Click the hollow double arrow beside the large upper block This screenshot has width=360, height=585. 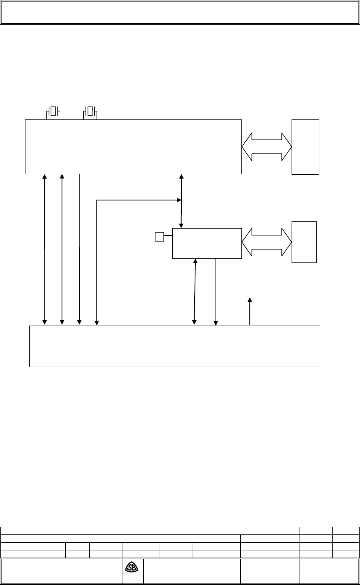coord(266,147)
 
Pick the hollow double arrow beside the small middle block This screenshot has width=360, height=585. coord(266,242)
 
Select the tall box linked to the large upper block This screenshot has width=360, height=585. coord(305,147)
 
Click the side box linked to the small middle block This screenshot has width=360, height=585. coord(304,242)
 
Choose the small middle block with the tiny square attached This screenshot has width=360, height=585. coord(207,243)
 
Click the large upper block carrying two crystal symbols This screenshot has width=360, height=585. coord(133,147)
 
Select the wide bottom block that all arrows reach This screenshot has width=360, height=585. coord(174,346)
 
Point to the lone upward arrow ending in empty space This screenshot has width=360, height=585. coord(250,311)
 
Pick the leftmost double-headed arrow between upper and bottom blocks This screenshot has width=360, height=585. coord(45,249)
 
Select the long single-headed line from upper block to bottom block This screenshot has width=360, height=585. coord(79,249)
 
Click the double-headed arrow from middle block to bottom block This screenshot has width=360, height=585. coord(195,292)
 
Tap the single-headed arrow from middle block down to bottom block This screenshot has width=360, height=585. coord(216,292)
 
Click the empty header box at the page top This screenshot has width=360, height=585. coord(180,12)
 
